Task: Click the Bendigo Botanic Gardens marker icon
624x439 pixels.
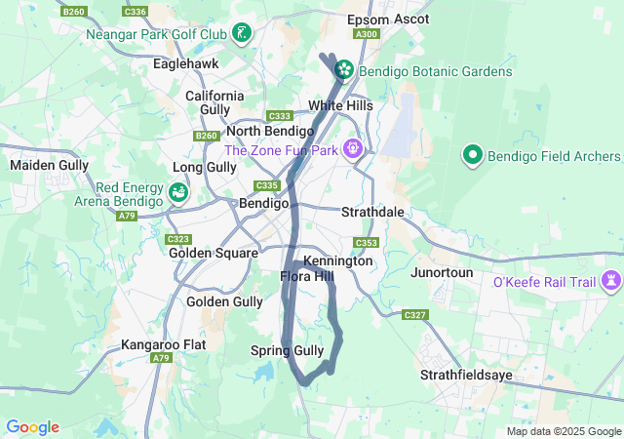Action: tap(344, 70)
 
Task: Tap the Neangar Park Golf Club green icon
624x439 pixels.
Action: tap(241, 34)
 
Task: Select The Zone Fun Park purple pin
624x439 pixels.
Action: tap(352, 149)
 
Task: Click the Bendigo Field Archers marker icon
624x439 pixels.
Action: tap(473, 155)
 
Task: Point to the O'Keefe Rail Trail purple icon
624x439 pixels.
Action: tap(611, 282)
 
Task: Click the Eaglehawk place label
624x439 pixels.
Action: tap(186, 63)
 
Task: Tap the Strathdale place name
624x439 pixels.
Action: tap(372, 212)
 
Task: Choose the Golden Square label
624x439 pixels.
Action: tap(213, 253)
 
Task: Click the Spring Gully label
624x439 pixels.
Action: tap(287, 351)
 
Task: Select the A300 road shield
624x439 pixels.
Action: tap(367, 34)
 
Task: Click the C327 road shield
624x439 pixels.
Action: tap(414, 315)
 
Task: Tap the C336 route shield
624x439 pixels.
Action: tap(136, 12)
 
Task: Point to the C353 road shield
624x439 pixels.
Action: tap(366, 243)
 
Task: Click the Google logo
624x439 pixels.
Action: tap(32, 427)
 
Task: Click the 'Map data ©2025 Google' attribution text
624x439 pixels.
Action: tap(564, 431)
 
